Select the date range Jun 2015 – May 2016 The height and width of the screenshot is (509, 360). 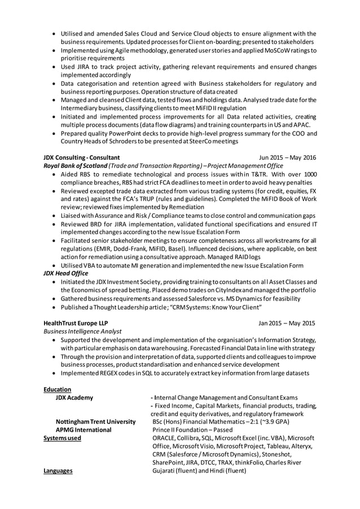point(287,157)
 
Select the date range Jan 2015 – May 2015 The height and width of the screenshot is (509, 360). point(287,323)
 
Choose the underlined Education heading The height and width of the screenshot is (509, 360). point(57,389)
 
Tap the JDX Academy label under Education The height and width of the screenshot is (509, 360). point(74,398)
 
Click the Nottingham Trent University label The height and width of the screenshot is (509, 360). point(95,422)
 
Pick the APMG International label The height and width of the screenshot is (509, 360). point(84,430)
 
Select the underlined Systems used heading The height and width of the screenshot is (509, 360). point(62,438)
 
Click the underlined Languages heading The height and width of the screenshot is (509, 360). point(58,471)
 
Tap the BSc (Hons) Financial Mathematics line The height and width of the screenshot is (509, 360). point(220,422)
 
